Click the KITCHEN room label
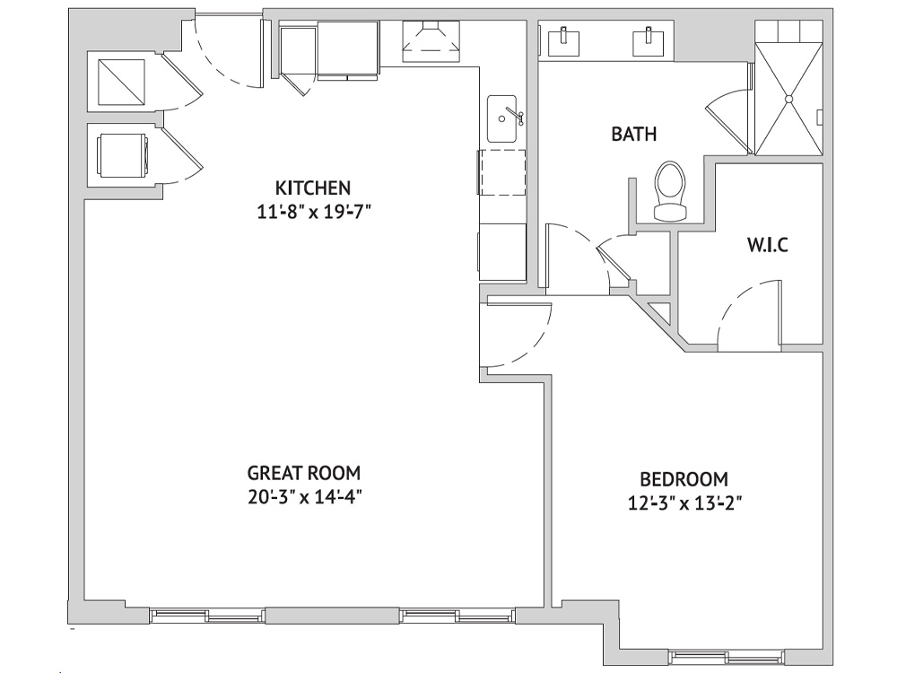click(312, 188)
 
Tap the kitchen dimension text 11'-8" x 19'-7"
click(314, 213)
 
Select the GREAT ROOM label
click(304, 473)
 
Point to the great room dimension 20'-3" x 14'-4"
click(306, 497)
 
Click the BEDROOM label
click(684, 479)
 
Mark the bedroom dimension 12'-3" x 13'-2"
click(684, 503)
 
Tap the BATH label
click(634, 134)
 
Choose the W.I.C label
click(767, 245)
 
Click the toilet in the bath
click(669, 191)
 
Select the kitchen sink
click(501, 119)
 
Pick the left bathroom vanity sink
click(563, 41)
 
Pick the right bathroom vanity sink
click(649, 41)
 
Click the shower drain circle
click(788, 99)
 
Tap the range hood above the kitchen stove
click(431, 41)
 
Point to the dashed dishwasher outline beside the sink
click(502, 172)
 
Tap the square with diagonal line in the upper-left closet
click(122, 82)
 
